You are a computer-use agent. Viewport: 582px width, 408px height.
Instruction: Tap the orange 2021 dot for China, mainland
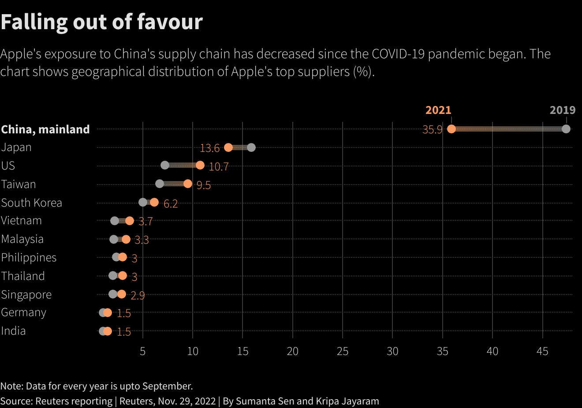point(451,129)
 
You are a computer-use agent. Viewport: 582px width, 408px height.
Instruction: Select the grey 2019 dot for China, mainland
point(566,129)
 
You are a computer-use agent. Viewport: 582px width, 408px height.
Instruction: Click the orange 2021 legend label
point(438,110)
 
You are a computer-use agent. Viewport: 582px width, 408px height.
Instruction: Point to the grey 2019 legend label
point(562,110)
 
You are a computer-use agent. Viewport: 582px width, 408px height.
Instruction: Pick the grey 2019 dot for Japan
point(251,147)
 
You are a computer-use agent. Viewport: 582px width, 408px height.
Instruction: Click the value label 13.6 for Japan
point(209,148)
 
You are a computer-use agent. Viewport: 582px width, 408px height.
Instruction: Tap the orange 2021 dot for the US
point(200,165)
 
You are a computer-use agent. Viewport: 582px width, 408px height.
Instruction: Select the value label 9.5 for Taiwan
point(204,185)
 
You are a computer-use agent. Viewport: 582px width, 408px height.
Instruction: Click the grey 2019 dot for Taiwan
point(160,184)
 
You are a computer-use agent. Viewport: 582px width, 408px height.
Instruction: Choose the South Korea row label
point(32,203)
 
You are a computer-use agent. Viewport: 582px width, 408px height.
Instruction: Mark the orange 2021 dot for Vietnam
point(130,221)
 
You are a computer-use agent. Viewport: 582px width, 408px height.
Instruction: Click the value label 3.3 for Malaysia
point(142,240)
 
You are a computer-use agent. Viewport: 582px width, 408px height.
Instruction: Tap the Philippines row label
point(29,257)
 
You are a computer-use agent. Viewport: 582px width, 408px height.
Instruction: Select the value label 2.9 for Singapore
point(138,295)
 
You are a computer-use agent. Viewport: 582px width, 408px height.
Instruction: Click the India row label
point(14,331)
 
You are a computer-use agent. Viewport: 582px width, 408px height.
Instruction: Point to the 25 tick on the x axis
point(343,351)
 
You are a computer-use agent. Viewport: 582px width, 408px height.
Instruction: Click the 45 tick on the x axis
point(542,351)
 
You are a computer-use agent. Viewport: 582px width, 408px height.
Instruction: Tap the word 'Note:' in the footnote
point(12,386)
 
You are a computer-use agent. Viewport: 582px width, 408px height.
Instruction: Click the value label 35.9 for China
point(432,130)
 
